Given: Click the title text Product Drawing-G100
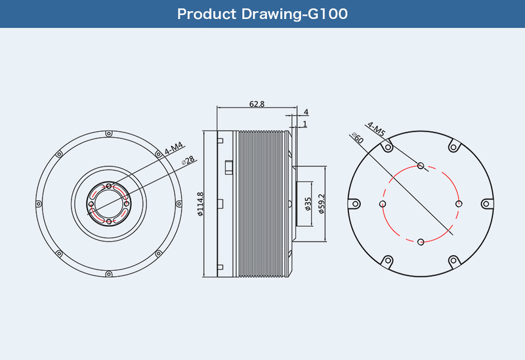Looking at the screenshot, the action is click(262, 14).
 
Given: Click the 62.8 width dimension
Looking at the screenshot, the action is click(257, 104).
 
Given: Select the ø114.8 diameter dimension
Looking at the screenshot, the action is click(200, 204).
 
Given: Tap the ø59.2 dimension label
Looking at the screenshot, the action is click(322, 204).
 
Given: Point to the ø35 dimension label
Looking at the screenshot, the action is click(308, 204).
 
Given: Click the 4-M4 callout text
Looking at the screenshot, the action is click(174, 149).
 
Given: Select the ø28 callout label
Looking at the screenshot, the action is click(188, 160).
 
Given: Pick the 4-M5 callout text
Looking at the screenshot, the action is click(376, 129).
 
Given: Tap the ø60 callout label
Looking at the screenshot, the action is click(358, 138).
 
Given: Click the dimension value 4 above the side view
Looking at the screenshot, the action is click(306, 111).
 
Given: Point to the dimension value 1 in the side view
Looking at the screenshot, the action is click(304, 124).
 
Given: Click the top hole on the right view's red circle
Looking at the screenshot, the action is click(421, 166).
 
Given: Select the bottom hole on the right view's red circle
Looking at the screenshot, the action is click(421, 242).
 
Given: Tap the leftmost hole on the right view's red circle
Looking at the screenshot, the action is click(383, 204).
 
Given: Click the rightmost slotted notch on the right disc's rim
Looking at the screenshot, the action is click(487, 204).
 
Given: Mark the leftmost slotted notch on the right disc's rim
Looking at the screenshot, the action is click(354, 204).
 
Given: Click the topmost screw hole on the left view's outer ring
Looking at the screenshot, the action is click(109, 134).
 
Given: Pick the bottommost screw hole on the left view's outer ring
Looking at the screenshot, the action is click(109, 274).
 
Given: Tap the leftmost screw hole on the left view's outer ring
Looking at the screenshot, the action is click(39, 204).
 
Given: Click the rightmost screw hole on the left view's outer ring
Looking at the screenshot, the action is click(178, 204).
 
